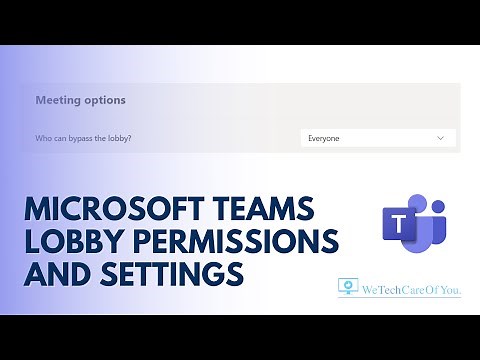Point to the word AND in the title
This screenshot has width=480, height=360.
pos(58,272)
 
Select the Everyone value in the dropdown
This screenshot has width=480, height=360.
pos(324,138)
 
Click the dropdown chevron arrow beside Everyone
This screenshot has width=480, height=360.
pos(440,138)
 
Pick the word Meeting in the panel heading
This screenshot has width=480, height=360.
pos(57,100)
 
